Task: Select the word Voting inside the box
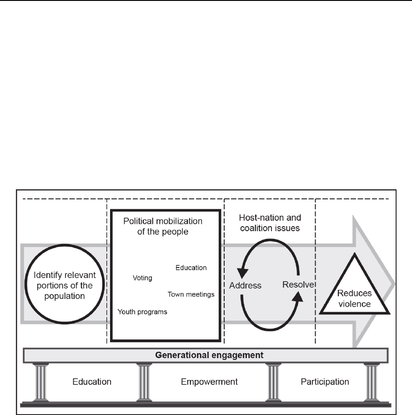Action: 142,278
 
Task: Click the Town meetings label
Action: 191,294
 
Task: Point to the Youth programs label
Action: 142,312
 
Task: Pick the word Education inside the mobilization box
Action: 191,268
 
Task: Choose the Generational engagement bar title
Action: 206,355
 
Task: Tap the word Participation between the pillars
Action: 325,381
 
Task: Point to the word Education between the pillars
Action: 92,381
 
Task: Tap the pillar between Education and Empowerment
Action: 145,381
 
